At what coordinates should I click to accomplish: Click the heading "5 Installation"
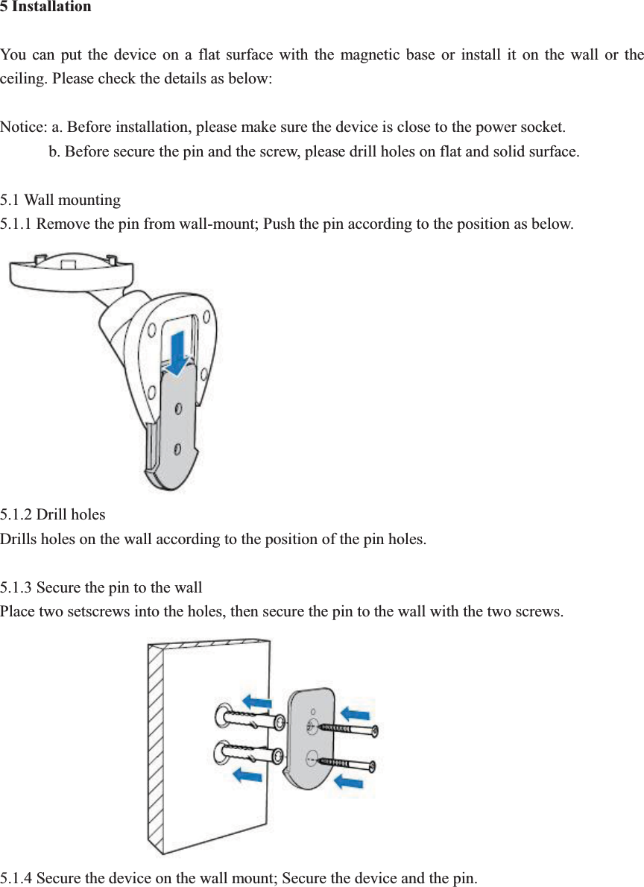[45, 7]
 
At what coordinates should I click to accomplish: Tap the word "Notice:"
[23, 127]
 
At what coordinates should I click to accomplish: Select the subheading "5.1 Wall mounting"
[60, 200]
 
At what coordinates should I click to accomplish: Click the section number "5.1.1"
[16, 224]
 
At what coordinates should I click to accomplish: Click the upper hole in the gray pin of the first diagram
[178, 408]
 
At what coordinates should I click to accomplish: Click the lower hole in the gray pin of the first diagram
[177, 447]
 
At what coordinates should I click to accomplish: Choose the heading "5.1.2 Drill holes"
[53, 514]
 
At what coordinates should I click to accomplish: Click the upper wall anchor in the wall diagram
[250, 721]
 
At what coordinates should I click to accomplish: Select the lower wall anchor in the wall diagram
[250, 754]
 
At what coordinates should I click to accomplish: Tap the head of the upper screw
[375, 732]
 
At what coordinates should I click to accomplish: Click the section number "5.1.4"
[16, 877]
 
